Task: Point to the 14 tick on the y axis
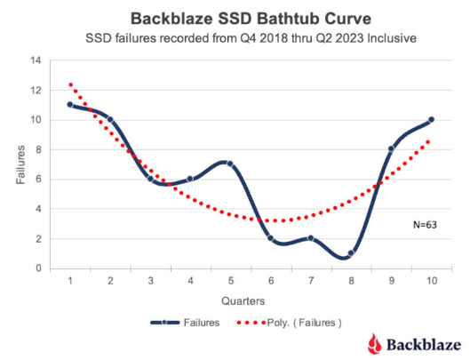[x=36, y=60]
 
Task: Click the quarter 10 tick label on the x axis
[x=430, y=281]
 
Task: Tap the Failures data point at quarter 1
[x=69, y=105]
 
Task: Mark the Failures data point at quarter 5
[x=229, y=164]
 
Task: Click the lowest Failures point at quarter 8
[x=351, y=253]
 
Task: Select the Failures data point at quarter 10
[x=430, y=120]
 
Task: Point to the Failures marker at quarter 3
[x=150, y=179]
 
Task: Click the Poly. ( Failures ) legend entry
[x=293, y=323]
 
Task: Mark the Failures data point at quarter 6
[x=270, y=238]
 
